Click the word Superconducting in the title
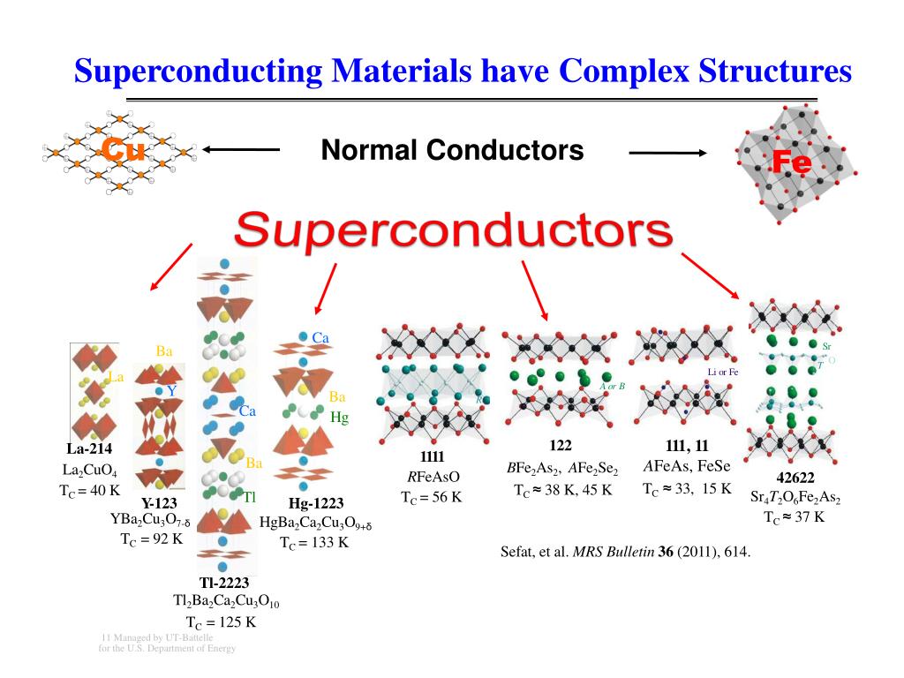pos(198,72)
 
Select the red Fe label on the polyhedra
pos(791,162)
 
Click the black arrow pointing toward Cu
pos(240,150)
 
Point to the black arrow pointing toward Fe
pos(668,154)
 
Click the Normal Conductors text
pos(452,150)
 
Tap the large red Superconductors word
pos(452,232)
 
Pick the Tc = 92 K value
pos(152,539)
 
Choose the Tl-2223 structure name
pos(224,583)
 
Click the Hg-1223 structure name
pos(316,503)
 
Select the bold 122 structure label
pos(561,446)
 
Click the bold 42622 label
pos(795,478)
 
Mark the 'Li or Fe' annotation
pos(722,372)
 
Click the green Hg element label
pos(340,418)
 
